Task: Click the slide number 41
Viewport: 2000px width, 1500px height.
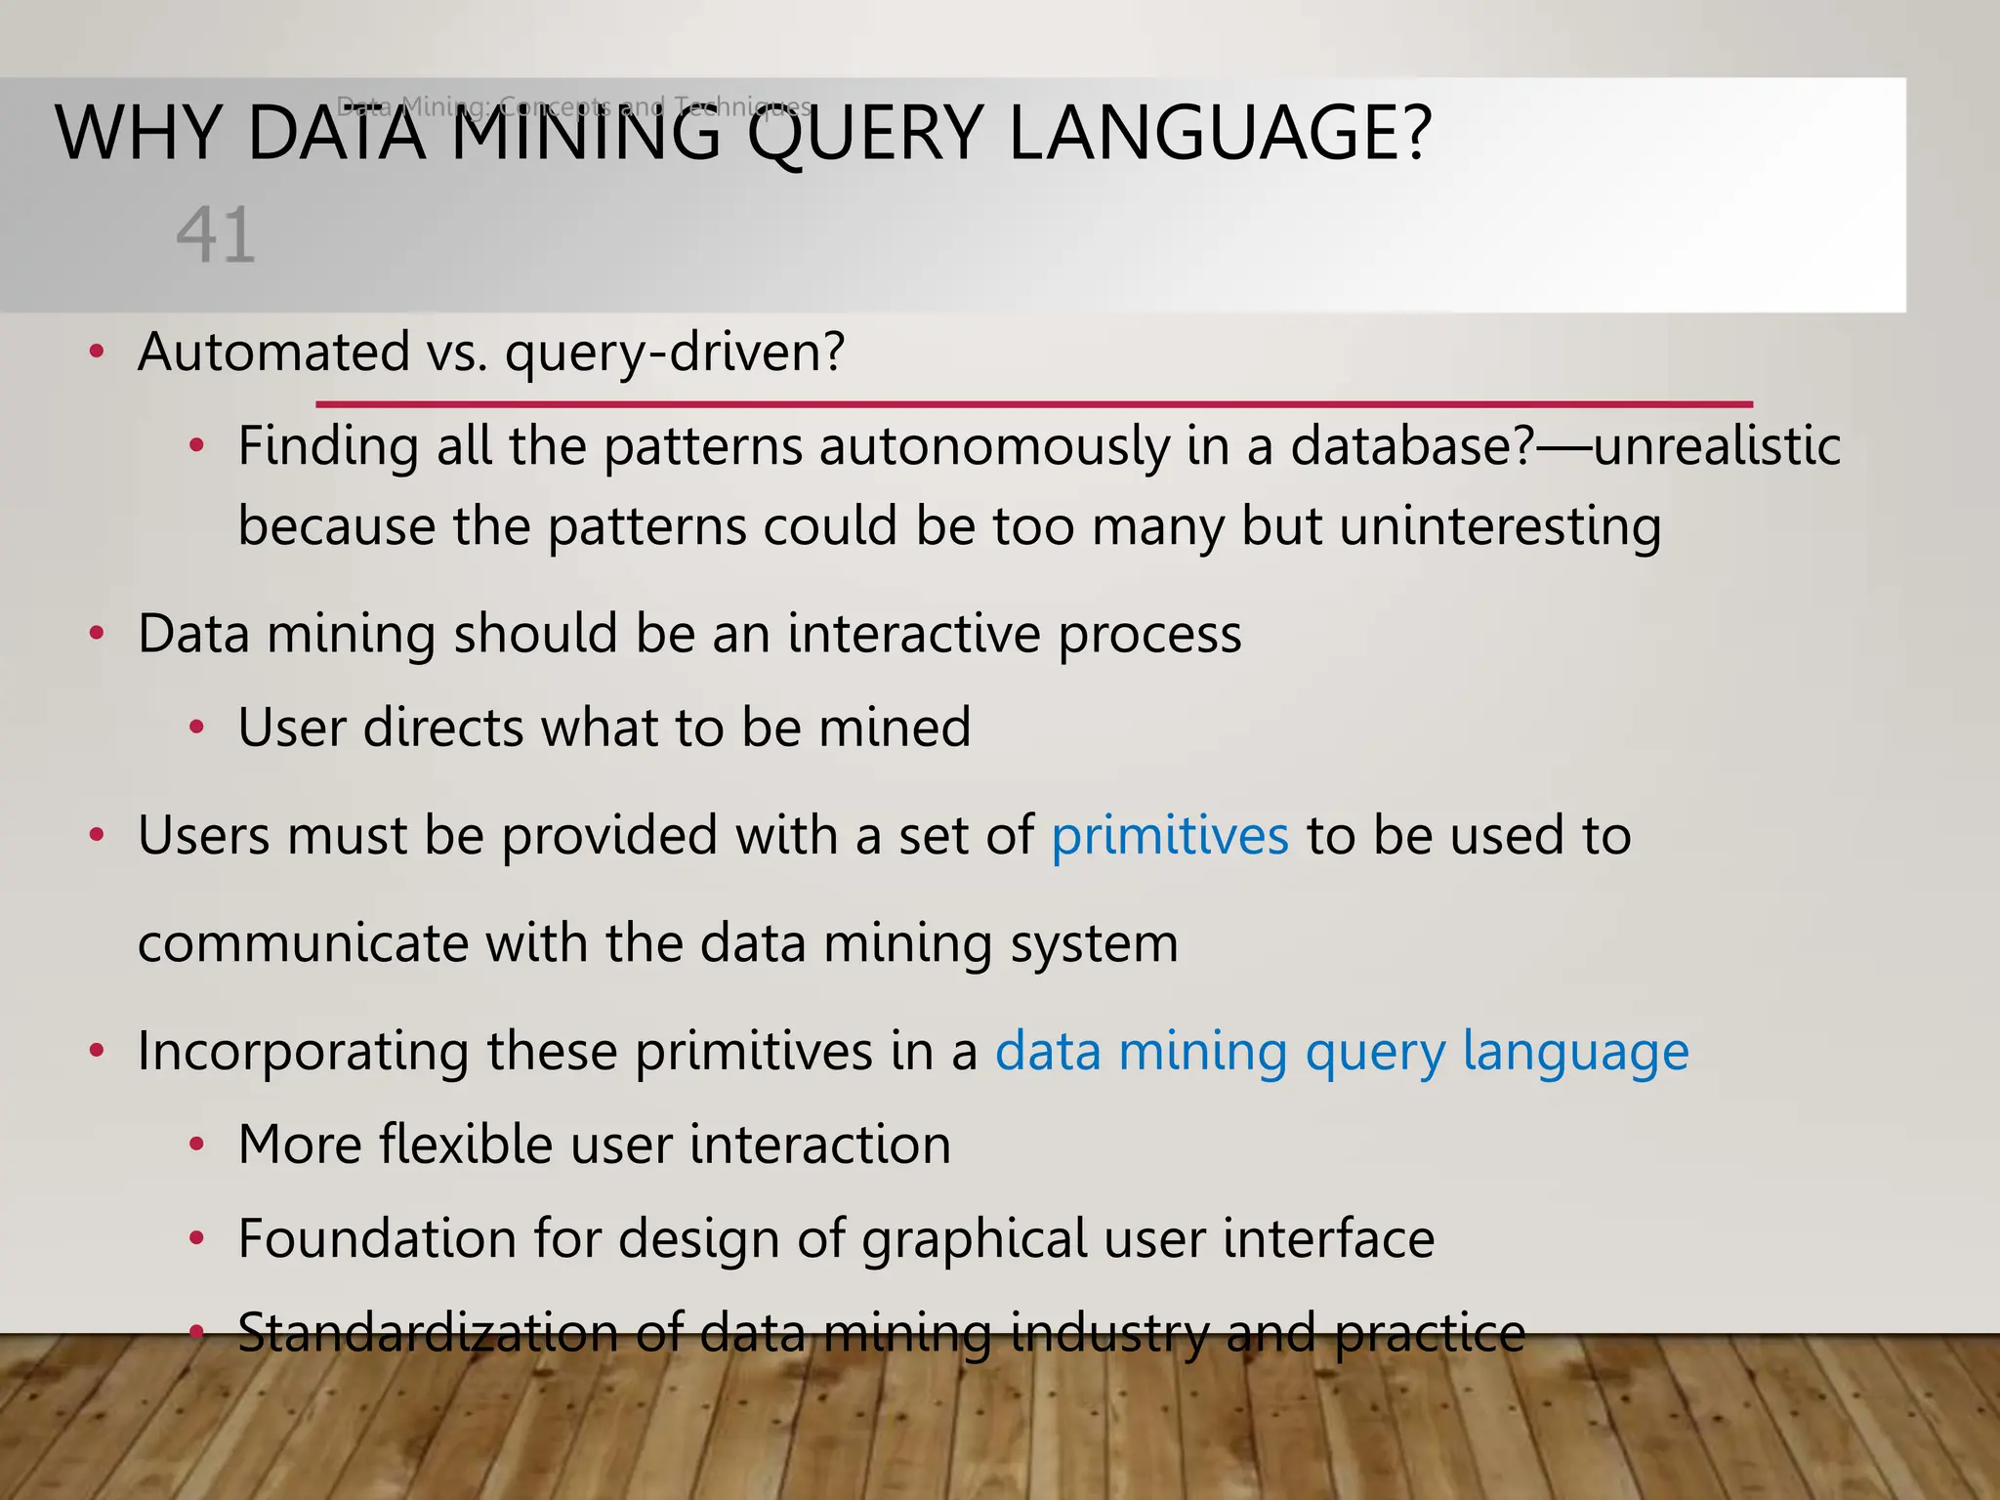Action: [216, 235]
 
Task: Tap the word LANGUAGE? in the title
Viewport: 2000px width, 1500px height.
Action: [1220, 134]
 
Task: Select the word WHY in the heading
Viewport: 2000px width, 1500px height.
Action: [138, 134]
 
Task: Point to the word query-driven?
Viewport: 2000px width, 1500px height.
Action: [674, 354]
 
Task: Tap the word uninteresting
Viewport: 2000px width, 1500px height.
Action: [1500, 527]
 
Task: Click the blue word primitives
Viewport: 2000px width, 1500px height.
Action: [1170, 837]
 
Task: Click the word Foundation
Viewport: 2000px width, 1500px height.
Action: [376, 1239]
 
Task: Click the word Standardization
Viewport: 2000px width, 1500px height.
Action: [428, 1333]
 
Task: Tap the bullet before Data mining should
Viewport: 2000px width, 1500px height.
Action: [96, 635]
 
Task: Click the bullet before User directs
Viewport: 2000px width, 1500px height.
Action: [196, 729]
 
